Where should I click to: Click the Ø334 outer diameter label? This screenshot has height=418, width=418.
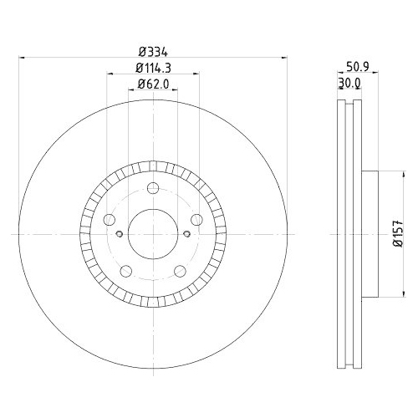pyautogui.click(x=153, y=51)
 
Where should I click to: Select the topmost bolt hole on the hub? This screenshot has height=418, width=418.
pyautogui.click(x=153, y=189)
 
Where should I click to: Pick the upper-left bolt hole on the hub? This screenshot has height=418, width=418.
pyautogui.click(x=109, y=220)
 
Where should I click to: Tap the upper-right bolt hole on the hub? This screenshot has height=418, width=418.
pyautogui.click(x=196, y=220)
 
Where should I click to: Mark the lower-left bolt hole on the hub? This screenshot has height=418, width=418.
pyautogui.click(x=125, y=271)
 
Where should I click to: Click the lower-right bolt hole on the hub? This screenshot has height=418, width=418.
pyautogui.click(x=180, y=271)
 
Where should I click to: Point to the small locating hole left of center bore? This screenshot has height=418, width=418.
pyautogui.click(x=119, y=234)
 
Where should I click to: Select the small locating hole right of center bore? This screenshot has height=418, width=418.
pyautogui.click(x=186, y=234)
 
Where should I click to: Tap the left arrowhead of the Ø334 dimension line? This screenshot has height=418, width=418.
pyautogui.click(x=22, y=58)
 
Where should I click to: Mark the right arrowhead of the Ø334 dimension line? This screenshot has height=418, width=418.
pyautogui.click(x=282, y=58)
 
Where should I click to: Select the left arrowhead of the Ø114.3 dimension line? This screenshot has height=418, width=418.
pyautogui.click(x=110, y=74)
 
